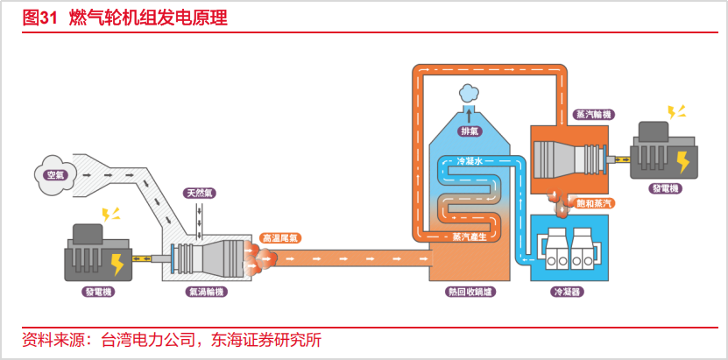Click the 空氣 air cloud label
tap(56, 175)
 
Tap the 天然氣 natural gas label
tap(200, 193)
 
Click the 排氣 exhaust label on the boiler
tap(469, 131)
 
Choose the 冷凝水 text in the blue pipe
tap(470, 161)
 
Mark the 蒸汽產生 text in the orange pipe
tap(470, 237)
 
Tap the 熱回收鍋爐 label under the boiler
tap(470, 293)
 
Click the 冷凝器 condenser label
tap(568, 293)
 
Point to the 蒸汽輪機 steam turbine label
tap(591, 115)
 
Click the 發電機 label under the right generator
tap(665, 188)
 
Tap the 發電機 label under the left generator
tap(100, 293)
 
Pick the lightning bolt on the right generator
tap(683, 161)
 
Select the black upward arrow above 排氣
tap(469, 116)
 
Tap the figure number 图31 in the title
tap(39, 18)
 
